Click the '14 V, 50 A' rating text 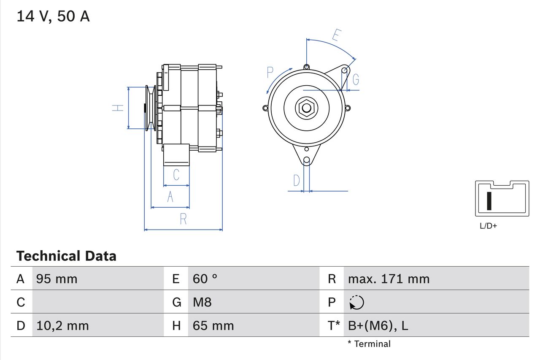click(x=53, y=16)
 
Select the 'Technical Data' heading click(x=66, y=256)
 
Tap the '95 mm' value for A click(x=57, y=279)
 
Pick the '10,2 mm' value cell click(x=62, y=325)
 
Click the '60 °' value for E click(x=205, y=279)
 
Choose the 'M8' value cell click(x=202, y=302)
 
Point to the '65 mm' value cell click(x=213, y=325)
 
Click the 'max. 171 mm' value click(x=389, y=279)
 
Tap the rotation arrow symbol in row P click(x=356, y=302)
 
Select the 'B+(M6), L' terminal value click(x=378, y=325)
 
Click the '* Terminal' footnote click(x=369, y=344)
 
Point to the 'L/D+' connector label click(x=489, y=226)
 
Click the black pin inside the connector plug click(x=489, y=201)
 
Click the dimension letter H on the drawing click(x=118, y=108)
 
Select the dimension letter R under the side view click(x=183, y=219)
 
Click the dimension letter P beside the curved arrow click(x=270, y=73)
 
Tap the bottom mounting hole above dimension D click(x=307, y=160)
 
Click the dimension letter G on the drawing click(x=356, y=79)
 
